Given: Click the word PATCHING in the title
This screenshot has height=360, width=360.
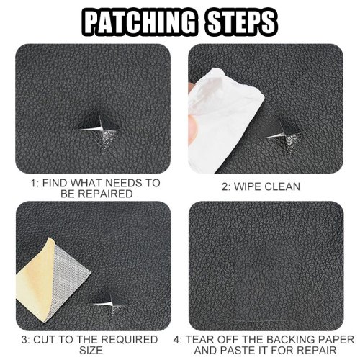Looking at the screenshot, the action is [x=140, y=22].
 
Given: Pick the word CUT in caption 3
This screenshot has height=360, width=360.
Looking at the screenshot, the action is [x=45, y=340].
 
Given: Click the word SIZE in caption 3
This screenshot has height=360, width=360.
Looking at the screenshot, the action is [x=91, y=351].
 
